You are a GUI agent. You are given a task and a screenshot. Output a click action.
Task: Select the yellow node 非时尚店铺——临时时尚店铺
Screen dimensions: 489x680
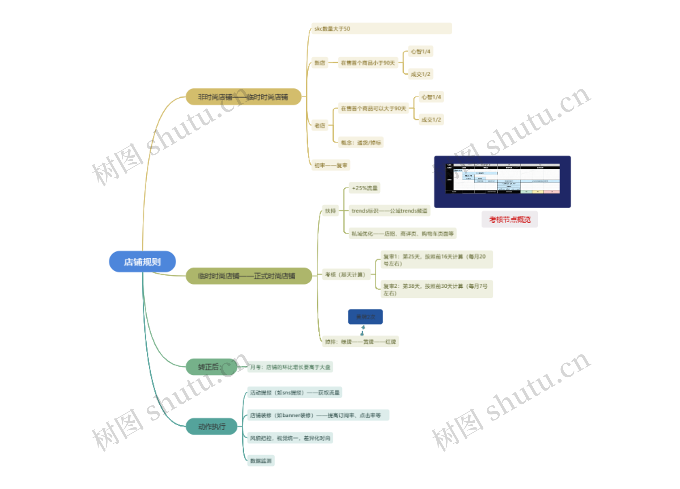click(243, 97)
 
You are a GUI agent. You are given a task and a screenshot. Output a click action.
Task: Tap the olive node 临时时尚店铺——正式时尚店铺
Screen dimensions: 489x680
click(249, 276)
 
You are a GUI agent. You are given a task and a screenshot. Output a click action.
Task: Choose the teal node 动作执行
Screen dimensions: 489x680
click(212, 426)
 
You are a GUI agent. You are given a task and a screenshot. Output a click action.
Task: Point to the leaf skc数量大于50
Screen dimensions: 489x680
click(381, 29)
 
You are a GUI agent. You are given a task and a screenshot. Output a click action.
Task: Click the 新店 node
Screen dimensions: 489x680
click(320, 63)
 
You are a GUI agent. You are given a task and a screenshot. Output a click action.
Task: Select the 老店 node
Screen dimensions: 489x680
click(320, 126)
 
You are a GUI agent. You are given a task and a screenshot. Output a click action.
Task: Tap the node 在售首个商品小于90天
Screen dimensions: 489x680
click(368, 63)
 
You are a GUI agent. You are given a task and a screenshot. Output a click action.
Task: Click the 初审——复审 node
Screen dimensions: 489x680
click(331, 165)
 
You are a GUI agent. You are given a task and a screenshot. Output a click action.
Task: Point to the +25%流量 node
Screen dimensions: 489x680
click(364, 188)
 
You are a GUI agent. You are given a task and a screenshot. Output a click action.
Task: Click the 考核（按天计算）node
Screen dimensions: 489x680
click(346, 275)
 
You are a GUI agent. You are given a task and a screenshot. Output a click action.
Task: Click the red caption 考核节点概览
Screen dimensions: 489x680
click(510, 219)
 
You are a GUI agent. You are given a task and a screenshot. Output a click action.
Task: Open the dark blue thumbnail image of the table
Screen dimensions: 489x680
click(503, 182)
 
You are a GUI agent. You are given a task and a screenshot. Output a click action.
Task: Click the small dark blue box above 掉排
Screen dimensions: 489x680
click(365, 317)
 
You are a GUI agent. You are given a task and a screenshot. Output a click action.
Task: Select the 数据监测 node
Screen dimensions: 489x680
click(261, 461)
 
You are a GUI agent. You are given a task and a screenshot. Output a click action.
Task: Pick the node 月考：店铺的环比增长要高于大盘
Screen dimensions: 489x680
click(290, 367)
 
